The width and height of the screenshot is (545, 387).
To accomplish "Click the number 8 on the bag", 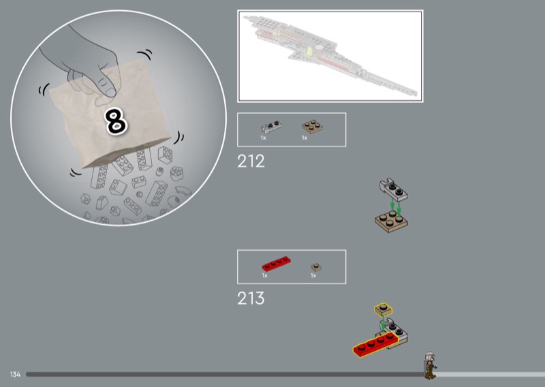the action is pyautogui.click(x=116, y=121).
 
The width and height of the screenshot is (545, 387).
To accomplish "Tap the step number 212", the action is pyautogui.click(x=251, y=161).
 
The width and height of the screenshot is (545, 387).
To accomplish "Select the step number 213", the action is pyautogui.click(x=251, y=298).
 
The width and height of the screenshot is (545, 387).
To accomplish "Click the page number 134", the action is pyautogui.click(x=15, y=375).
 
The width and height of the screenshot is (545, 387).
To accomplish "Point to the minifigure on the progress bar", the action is pyautogui.click(x=431, y=365).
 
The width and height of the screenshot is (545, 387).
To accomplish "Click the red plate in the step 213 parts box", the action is pyautogui.click(x=277, y=264).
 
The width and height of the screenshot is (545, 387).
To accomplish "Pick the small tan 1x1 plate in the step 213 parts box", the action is pyautogui.click(x=316, y=267).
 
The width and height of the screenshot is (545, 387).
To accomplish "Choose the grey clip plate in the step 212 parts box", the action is pyautogui.click(x=271, y=127).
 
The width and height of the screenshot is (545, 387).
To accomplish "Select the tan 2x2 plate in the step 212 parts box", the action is pyautogui.click(x=312, y=127).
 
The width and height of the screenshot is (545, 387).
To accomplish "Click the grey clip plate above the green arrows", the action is pyautogui.click(x=394, y=190).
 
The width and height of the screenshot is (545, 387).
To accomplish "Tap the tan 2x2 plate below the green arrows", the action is pyautogui.click(x=391, y=221).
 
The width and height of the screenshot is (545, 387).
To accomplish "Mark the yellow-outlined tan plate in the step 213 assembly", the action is pyautogui.click(x=384, y=309).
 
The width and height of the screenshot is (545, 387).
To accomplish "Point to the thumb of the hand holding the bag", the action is pyautogui.click(x=106, y=87).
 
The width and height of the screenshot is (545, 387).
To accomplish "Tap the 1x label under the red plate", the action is pyautogui.click(x=264, y=275).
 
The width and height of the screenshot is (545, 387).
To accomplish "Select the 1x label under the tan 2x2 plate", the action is pyautogui.click(x=305, y=138).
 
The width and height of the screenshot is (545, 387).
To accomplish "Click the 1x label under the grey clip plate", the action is pyautogui.click(x=263, y=138).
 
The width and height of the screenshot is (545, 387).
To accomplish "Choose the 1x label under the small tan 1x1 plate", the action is pyautogui.click(x=313, y=275).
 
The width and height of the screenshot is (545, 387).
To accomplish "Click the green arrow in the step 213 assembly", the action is pyautogui.click(x=383, y=325).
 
